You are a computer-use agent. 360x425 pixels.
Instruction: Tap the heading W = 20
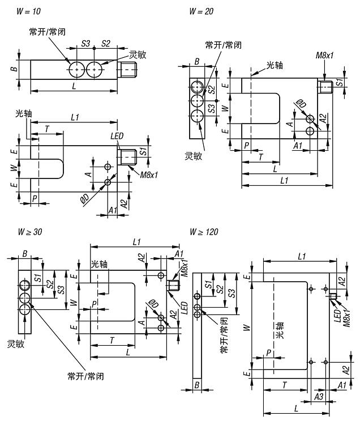202,11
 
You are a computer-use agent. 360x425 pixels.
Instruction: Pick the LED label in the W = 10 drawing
118,137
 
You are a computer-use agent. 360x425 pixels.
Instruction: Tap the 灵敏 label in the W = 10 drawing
138,55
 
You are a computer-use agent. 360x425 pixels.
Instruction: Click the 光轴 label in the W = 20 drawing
275,65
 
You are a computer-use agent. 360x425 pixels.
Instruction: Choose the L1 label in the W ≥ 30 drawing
136,242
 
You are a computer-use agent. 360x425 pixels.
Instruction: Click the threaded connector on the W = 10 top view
129,70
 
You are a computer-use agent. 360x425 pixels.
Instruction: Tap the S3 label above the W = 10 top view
86,43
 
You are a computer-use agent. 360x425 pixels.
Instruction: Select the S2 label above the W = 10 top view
105,43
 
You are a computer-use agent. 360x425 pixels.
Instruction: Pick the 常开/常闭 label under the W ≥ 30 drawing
85,376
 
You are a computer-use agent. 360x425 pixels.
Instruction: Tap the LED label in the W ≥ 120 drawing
337,316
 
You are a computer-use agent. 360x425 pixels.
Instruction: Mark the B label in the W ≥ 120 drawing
196,385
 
